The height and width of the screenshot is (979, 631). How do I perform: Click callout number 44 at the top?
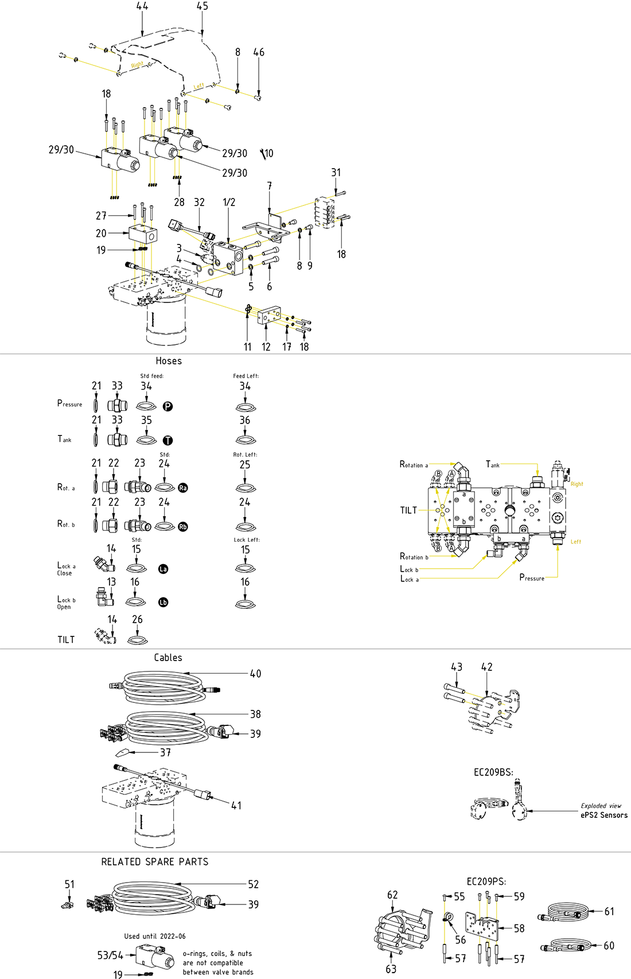(142, 6)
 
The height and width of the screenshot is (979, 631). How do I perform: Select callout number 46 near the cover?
(259, 53)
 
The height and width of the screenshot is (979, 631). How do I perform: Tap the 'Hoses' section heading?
(169, 361)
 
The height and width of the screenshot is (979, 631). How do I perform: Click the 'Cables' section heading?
(168, 658)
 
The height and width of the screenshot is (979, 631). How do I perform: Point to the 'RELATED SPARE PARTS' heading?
(155, 862)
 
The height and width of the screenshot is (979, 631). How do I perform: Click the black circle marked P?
(168, 406)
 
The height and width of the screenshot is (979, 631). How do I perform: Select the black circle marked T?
(168, 441)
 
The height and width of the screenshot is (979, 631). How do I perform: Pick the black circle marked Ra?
(183, 488)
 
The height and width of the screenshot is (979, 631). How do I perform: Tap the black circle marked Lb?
(163, 603)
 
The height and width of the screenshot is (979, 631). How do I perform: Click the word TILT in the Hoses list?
(66, 640)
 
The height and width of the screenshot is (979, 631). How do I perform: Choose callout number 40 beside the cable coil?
(255, 674)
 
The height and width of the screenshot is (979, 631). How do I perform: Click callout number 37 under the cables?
(165, 752)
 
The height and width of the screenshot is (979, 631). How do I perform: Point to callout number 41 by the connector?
(236, 806)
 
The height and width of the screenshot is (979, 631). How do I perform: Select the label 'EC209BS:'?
(493, 772)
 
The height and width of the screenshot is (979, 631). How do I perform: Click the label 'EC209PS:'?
(486, 881)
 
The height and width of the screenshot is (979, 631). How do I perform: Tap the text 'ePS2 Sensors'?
(604, 815)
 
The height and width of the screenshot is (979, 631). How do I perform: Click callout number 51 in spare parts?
(69, 884)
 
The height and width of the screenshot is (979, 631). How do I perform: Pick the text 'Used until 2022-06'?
(155, 936)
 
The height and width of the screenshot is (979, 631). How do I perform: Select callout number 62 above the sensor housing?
(392, 895)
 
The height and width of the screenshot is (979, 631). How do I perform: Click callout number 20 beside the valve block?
(101, 233)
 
